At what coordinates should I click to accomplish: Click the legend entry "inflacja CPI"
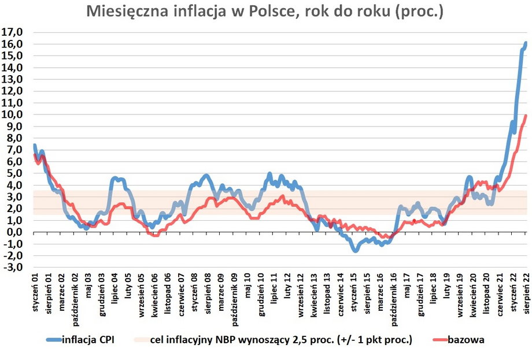87,340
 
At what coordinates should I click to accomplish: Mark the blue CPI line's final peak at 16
525,43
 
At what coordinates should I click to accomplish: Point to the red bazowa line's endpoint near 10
526,116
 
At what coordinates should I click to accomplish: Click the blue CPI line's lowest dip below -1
355,250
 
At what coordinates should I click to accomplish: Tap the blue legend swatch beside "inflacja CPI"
47,340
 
